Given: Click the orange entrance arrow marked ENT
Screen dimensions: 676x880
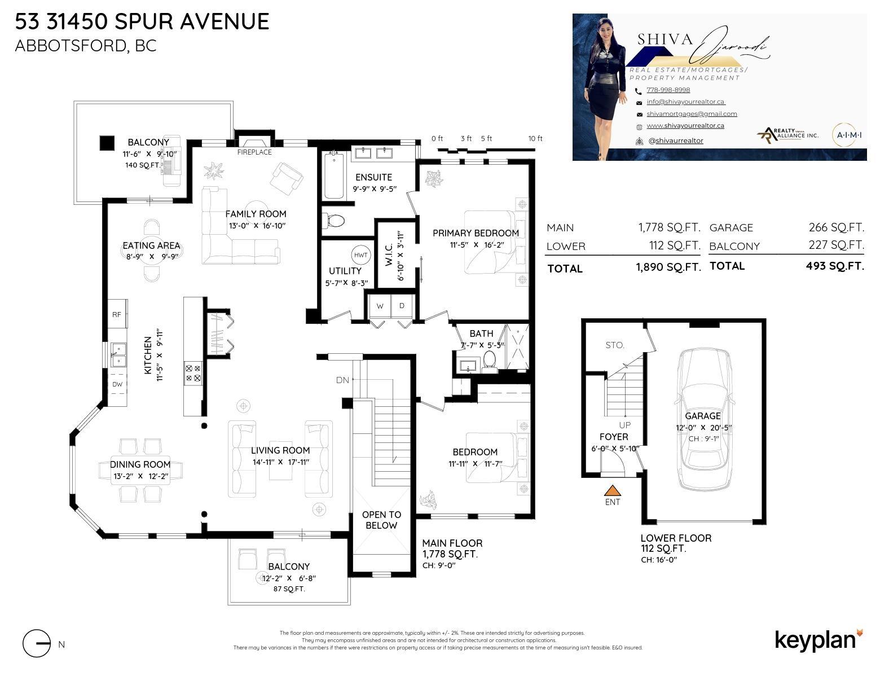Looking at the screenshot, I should [612, 491].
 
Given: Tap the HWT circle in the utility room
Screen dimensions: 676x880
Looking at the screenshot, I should [360, 255].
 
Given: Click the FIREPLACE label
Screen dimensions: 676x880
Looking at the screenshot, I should [254, 152].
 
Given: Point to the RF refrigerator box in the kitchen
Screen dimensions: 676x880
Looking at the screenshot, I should [117, 314].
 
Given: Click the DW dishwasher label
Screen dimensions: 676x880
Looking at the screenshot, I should [117, 384].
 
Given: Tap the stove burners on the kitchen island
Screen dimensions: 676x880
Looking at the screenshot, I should [193, 373].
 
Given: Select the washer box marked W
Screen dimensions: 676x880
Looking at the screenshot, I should [380, 306].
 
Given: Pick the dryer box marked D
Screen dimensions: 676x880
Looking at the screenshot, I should [402, 306].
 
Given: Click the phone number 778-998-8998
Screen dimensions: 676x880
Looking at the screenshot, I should [668, 90].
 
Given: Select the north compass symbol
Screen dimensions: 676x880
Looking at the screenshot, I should [37, 643].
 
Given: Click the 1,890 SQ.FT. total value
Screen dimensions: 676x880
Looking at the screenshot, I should [668, 267].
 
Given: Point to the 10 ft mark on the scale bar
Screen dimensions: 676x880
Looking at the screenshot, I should [535, 139].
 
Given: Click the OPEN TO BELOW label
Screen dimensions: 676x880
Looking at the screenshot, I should [381, 520].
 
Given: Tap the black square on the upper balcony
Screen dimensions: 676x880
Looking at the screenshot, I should [107, 143].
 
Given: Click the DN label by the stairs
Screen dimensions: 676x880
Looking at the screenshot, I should [342, 380].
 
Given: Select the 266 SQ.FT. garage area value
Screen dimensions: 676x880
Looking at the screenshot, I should [836, 227].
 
